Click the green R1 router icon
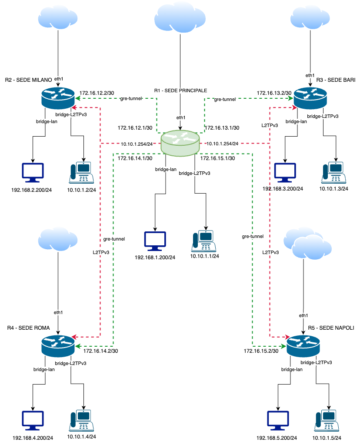coord(180,143)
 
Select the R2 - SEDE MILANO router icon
coord(58,98)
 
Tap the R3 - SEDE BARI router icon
coord(310,98)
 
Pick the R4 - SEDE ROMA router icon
coord(58,346)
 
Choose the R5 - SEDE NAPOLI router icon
coord(303,346)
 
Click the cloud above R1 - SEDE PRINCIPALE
coord(180,17)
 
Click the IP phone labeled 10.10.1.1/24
coord(203,241)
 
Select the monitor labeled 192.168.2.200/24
coord(33,173)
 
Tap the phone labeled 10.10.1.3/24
coord(333,173)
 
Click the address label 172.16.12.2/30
coord(97,93)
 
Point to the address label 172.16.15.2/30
coord(261,351)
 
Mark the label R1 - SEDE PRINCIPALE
coord(180,90)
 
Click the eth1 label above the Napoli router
coord(303,315)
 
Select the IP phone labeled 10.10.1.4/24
coord(81,421)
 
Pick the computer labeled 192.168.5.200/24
coord(278,421)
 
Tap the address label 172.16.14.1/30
coord(135,158)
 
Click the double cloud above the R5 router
coord(308,243)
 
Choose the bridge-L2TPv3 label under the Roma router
coord(70,363)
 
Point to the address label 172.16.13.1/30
coord(222,128)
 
